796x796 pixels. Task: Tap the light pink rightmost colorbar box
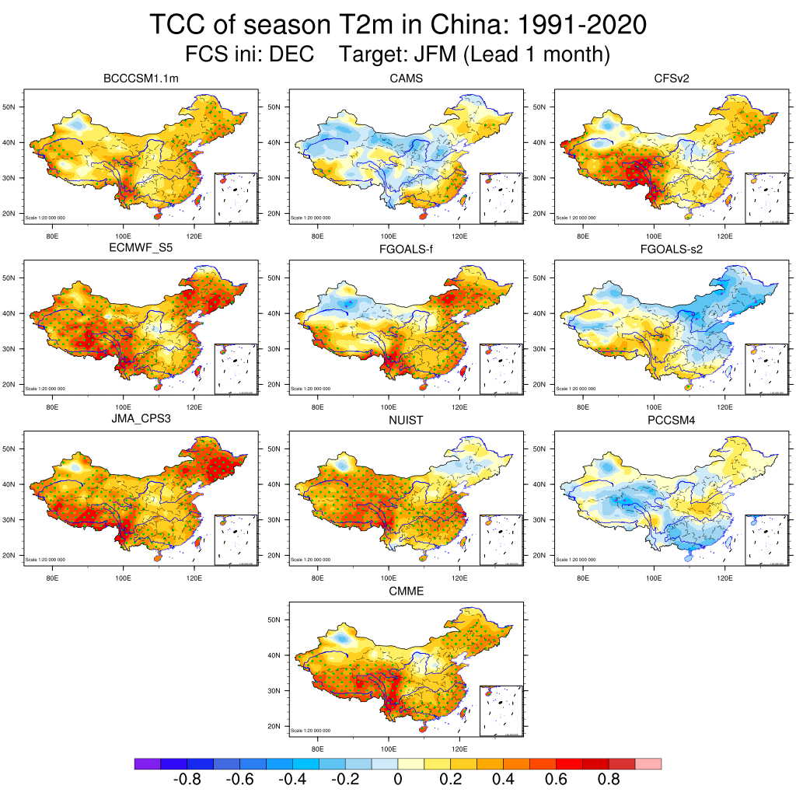[648, 764]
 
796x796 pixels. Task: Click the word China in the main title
[442, 25]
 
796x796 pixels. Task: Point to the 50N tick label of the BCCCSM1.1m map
[11, 106]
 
